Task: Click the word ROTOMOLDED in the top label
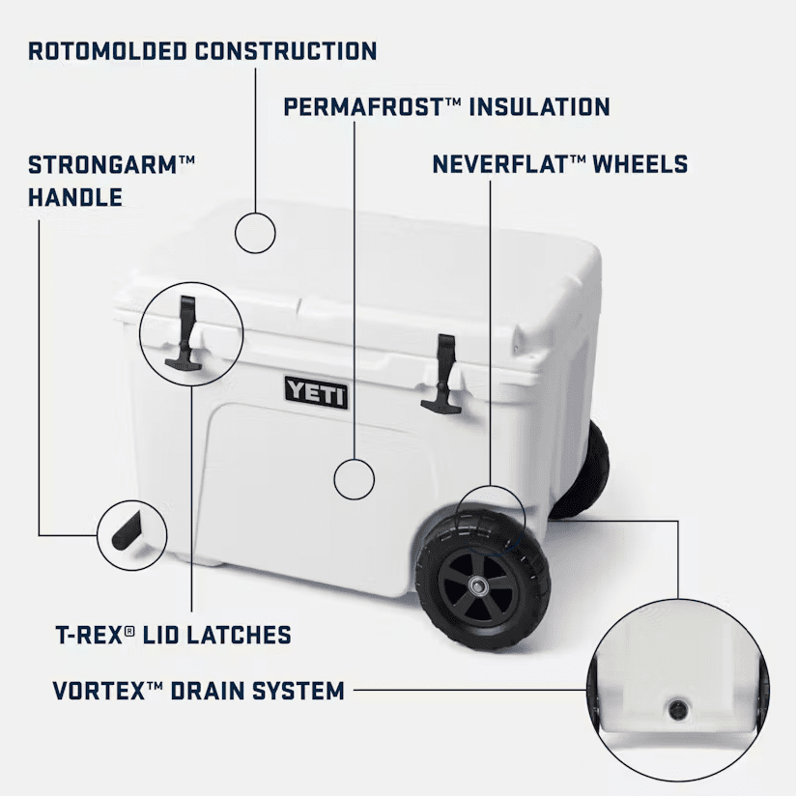coord(107,51)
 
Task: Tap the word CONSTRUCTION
coord(286,51)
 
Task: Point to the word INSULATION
coord(539,107)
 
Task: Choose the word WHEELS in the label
coord(640,164)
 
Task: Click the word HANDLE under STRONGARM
coord(75,197)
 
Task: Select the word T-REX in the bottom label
coord(89,635)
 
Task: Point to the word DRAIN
coord(207,691)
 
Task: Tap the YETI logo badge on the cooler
coord(316,393)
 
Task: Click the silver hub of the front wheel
coord(478,586)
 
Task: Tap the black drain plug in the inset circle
coord(678,709)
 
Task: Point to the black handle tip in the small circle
coord(127,531)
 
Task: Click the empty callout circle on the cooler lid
coord(255,233)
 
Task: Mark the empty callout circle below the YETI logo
coord(355,479)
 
